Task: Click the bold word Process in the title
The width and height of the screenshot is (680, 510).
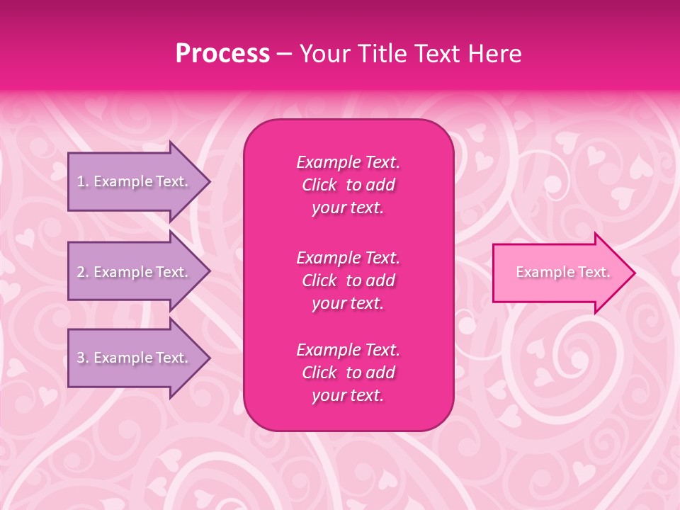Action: (222, 54)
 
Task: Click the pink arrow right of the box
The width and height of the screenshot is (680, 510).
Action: (560, 272)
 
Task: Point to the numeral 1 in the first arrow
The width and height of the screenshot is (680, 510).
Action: (80, 181)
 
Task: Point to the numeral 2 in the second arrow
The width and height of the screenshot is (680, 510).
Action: (80, 272)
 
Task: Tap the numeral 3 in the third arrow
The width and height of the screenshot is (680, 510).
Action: (80, 358)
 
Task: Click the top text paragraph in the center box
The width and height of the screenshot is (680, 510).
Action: (348, 185)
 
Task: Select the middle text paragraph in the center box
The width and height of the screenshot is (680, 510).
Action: (348, 280)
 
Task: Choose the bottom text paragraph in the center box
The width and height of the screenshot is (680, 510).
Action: (348, 373)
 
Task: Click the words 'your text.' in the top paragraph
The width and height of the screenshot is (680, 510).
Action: (348, 208)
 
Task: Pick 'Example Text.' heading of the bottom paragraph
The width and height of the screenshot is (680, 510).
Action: (348, 350)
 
